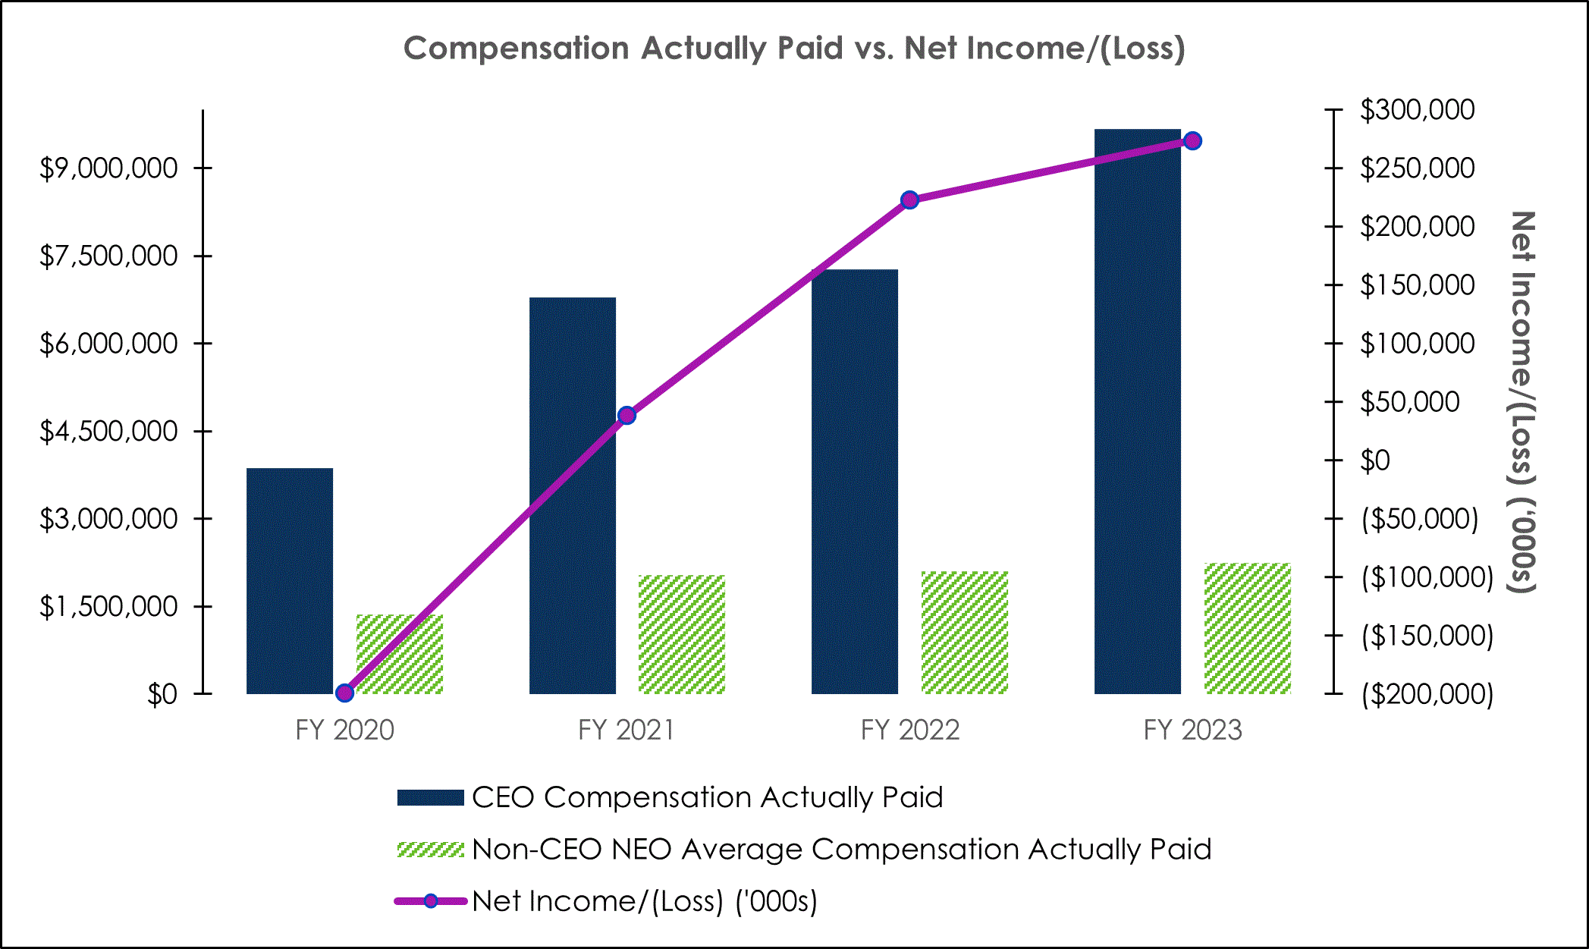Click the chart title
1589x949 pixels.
793,49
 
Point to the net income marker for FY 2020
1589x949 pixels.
344,692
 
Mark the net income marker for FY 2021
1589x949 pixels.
626,415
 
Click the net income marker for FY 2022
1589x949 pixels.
909,200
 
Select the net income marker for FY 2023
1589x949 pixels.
1192,141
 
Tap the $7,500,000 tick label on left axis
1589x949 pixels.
108,256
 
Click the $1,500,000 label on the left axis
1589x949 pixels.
108,607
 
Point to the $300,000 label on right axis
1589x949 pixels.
1417,110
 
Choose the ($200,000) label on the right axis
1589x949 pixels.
1427,694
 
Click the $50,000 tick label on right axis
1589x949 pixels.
1409,402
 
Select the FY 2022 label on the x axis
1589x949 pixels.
909,730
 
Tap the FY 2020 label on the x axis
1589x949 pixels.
344,730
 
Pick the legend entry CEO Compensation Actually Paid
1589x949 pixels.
707,797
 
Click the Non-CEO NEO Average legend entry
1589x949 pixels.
840,849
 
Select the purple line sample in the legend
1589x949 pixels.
430,901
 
